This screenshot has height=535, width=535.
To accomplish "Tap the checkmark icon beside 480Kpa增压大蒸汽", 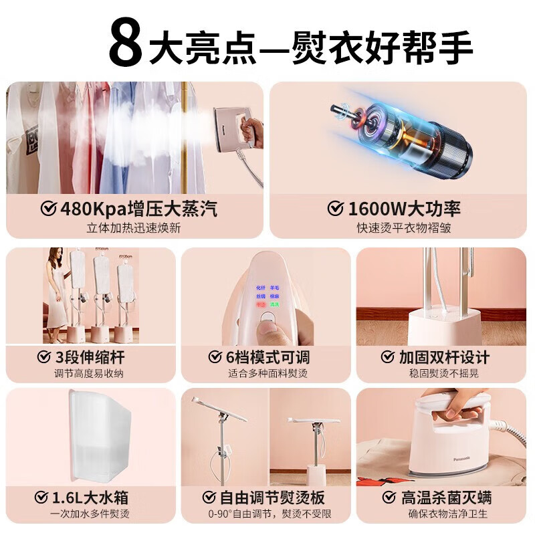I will pyautogui.click(x=48, y=209).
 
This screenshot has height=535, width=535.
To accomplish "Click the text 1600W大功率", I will pyautogui.click(x=403, y=209).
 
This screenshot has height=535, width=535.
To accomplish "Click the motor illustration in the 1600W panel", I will pyautogui.click(x=401, y=137).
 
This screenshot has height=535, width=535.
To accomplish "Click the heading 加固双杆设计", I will pyautogui.click(x=444, y=356).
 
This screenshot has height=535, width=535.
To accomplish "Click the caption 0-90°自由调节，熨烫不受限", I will pyautogui.click(x=266, y=515).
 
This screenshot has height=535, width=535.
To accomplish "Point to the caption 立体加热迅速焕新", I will pyautogui.click(x=134, y=228).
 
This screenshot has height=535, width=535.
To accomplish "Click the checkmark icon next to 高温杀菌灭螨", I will pyautogui.click(x=389, y=498).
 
